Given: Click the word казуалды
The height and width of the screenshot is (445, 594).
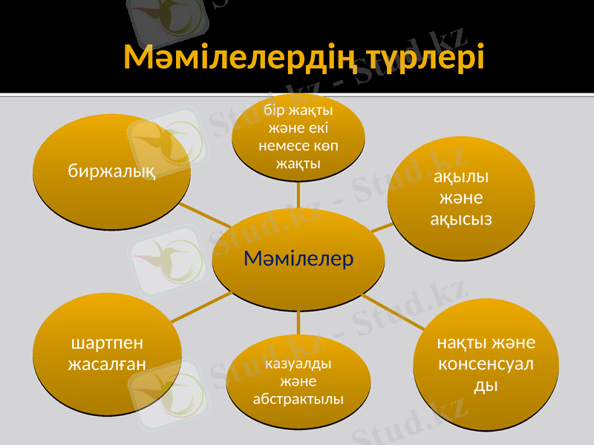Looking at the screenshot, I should pos(298,364).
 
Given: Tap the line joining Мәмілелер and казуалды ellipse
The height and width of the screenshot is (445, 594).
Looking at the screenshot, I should pos(298,322).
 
